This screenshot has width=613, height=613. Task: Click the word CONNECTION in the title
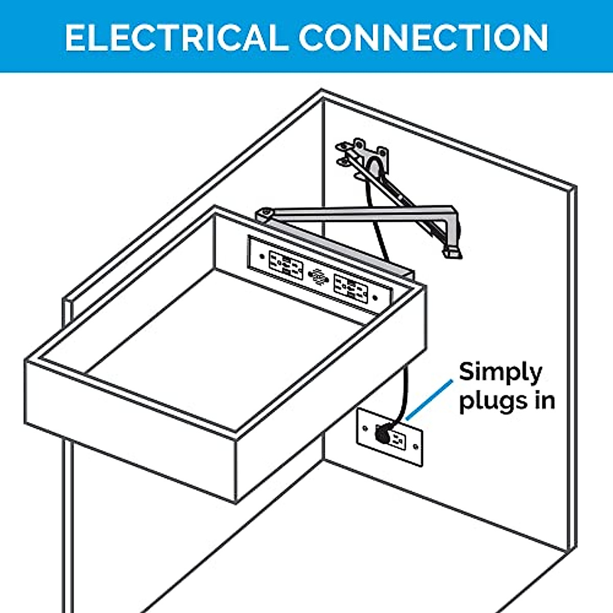(424, 38)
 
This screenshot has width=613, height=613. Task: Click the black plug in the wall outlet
(383, 435)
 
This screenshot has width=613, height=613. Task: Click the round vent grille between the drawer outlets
(318, 276)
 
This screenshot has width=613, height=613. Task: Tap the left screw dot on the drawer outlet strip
(262, 256)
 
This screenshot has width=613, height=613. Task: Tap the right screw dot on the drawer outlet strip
(375, 298)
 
